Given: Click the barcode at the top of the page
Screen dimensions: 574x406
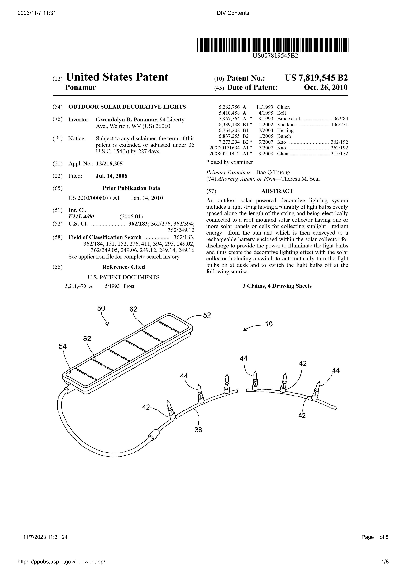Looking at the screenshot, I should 273,45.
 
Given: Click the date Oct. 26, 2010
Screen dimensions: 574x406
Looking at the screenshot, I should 326,88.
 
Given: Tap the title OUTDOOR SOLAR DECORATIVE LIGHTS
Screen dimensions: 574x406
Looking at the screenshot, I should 127,107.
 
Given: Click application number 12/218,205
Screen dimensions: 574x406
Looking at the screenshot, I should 109,164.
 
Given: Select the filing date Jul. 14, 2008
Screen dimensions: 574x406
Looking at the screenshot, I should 112,176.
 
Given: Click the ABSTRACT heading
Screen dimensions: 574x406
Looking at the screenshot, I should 277,191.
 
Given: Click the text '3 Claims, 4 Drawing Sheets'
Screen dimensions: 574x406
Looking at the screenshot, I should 277,286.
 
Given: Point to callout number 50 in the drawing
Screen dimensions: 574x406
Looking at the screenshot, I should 101,309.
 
